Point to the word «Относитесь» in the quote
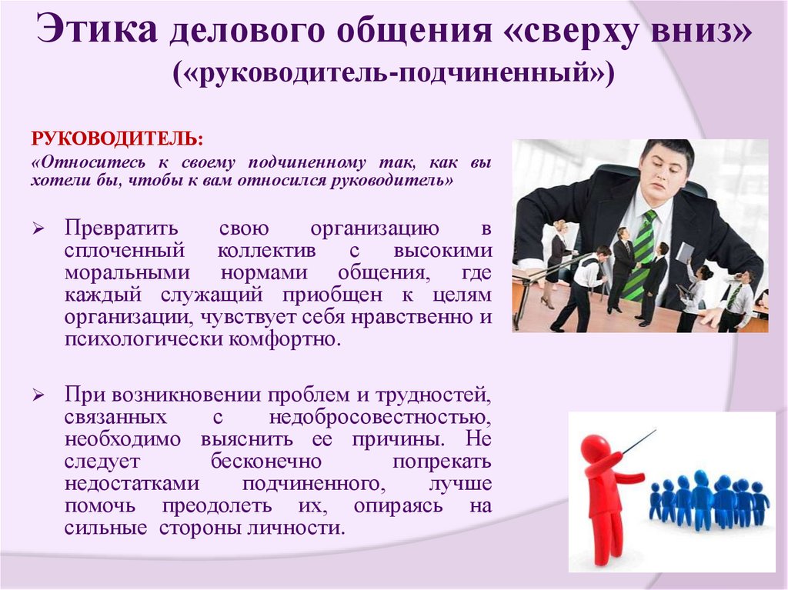coord(82,164)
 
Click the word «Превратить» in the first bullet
coord(122,229)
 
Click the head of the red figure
coord(594,448)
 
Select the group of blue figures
coord(708,500)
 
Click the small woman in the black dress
coord(556,258)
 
